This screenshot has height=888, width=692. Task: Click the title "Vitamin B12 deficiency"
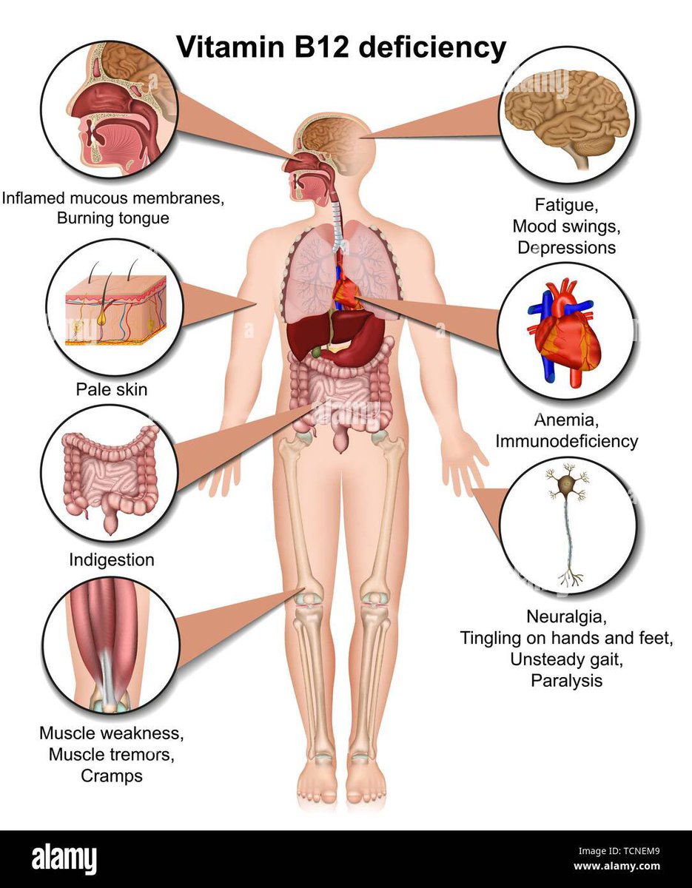click(340, 48)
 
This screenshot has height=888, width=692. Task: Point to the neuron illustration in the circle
click(567, 525)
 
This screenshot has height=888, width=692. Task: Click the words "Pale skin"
click(110, 388)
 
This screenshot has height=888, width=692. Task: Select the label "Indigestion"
click(112, 559)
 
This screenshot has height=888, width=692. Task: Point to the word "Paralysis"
click(566, 680)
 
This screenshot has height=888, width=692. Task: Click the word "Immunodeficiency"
click(566, 441)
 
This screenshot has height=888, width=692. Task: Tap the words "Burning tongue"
click(112, 218)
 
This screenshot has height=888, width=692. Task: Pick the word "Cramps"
click(112, 776)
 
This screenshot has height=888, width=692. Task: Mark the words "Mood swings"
click(566, 225)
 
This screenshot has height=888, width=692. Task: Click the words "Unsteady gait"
click(566, 659)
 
